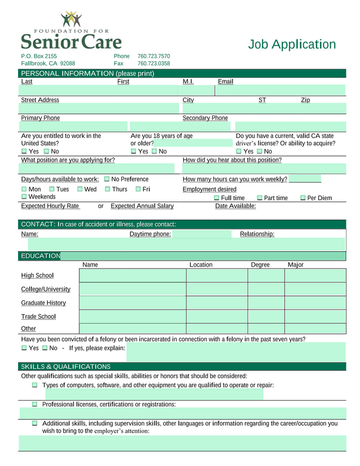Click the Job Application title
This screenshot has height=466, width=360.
[x=292, y=44]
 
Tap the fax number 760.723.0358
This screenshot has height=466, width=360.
[x=154, y=64]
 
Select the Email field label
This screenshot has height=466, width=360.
[x=226, y=82]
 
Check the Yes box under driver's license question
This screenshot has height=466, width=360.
[x=239, y=151]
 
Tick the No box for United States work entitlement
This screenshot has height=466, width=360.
[x=46, y=151]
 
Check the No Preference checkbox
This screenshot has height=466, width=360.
[x=107, y=179]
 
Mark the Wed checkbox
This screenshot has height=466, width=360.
[x=80, y=189]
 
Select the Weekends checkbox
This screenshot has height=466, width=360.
[x=24, y=197]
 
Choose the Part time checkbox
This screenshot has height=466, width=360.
[x=259, y=198]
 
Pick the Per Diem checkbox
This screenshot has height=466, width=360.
[x=303, y=198]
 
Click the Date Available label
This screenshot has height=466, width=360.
[x=236, y=206]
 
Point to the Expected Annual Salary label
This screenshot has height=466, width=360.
[x=142, y=206]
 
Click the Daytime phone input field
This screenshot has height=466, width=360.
[x=201, y=234]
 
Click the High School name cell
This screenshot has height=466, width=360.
[x=132, y=275]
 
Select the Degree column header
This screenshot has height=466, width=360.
[x=260, y=265]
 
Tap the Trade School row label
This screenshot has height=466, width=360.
[x=38, y=316]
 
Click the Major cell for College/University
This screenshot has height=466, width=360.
[x=315, y=289]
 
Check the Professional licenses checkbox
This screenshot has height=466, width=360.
[x=35, y=404]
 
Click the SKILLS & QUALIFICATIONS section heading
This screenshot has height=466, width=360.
[x=65, y=367]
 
